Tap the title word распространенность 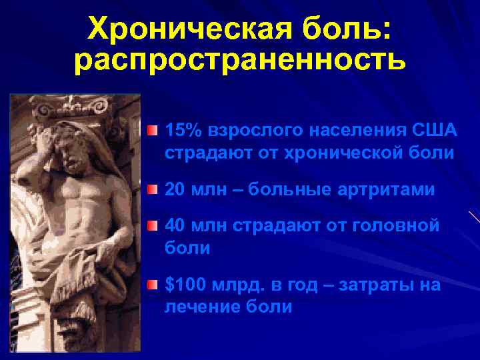[239, 61]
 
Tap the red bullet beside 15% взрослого [153, 129]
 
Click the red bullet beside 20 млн [153, 190]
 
